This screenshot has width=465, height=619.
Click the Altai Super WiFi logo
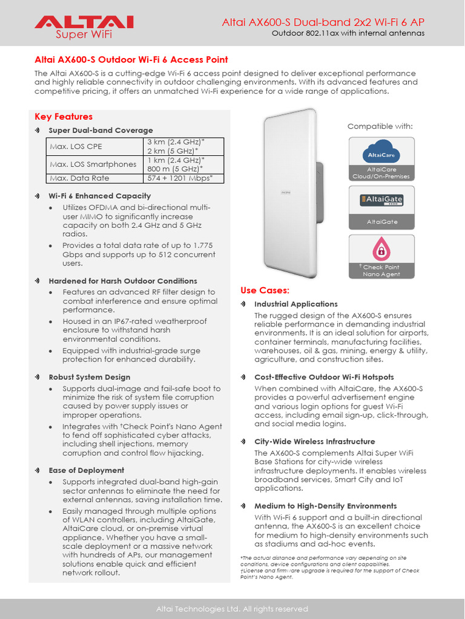[x=84, y=27]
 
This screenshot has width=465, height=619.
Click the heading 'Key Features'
[x=64, y=117]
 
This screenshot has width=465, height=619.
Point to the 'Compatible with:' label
[x=380, y=126]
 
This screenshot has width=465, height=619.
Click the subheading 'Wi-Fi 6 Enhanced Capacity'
[x=100, y=196]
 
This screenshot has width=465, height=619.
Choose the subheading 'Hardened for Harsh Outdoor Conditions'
[x=123, y=281]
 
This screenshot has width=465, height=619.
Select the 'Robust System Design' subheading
[x=89, y=377]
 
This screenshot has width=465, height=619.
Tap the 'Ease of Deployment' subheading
[x=87, y=470]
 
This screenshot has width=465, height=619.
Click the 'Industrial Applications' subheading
[x=296, y=304]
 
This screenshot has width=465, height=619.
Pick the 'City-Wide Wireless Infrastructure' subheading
[x=315, y=441]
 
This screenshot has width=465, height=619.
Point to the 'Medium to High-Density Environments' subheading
[x=326, y=506]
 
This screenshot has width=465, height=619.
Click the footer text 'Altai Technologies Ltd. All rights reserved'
[x=232, y=608]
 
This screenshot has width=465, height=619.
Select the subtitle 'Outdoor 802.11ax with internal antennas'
[x=348, y=33]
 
